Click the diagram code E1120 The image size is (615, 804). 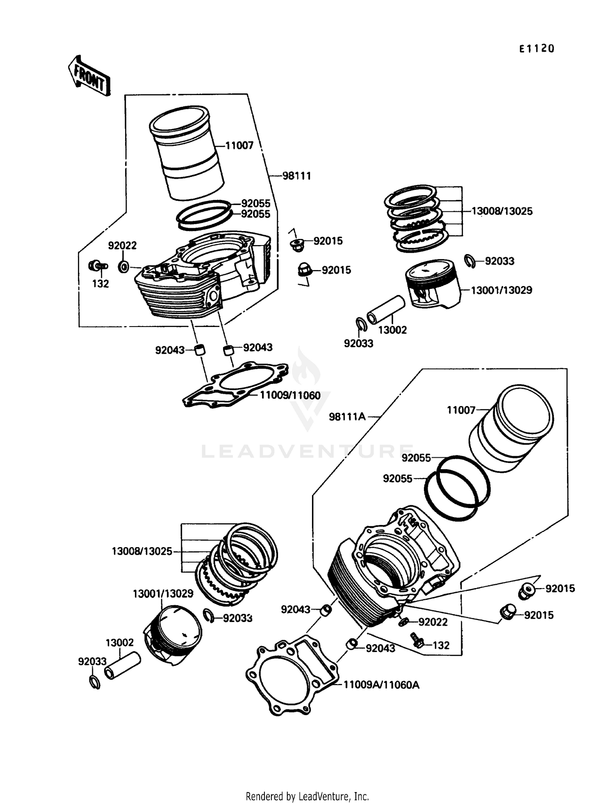coord(537,49)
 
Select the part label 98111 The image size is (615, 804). coord(296,176)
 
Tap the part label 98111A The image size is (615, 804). coord(347,417)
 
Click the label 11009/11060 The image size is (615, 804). coord(290,395)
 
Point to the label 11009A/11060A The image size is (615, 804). coord(381,685)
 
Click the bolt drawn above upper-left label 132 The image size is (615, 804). coord(98,266)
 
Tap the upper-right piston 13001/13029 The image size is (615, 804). coord(433,283)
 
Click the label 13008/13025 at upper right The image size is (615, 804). coord(502,211)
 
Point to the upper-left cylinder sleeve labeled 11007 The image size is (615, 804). coord(187,154)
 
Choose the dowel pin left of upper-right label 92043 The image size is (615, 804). coord(228,350)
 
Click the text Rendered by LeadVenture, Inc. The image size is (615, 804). coord(307,796)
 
